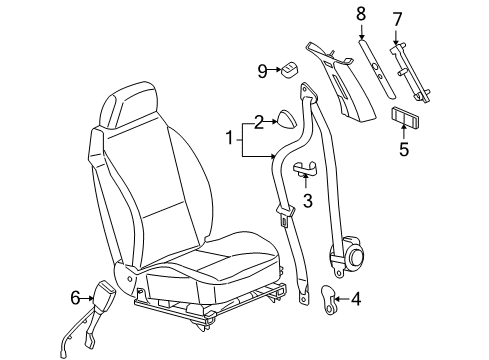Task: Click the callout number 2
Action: tap(258, 122)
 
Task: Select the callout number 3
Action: tap(308, 200)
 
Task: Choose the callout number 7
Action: tap(397, 20)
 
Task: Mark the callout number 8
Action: tap(361, 13)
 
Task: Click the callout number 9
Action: tap(263, 71)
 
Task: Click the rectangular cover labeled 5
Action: tap(405, 116)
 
